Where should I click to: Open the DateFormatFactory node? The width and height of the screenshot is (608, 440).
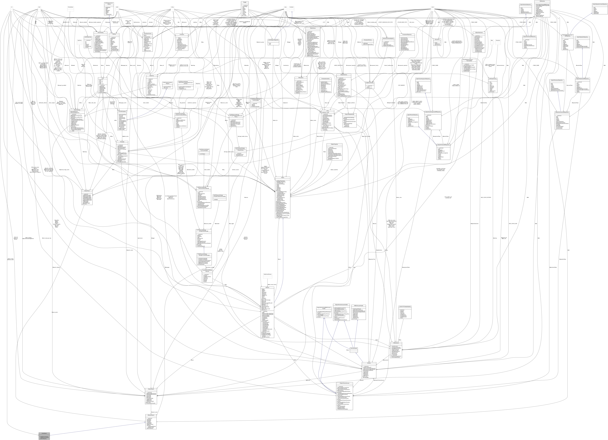point(267,274)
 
